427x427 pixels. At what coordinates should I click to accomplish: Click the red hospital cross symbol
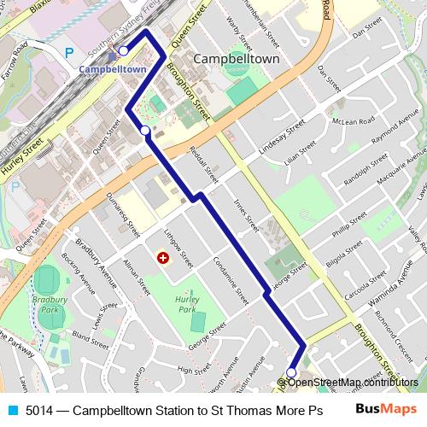click(162, 257)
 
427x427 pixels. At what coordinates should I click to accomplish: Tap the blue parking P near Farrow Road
click(69, 53)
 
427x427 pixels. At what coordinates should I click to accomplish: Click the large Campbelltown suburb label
click(237, 59)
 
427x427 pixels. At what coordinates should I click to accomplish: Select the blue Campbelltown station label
click(112, 68)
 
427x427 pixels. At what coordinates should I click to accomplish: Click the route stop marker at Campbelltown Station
click(123, 50)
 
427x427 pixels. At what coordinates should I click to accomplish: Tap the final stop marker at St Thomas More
click(291, 372)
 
